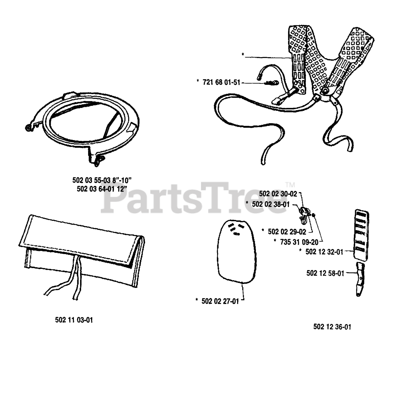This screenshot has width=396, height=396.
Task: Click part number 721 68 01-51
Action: tap(221, 83)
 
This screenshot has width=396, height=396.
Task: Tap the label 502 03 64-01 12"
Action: tap(102, 189)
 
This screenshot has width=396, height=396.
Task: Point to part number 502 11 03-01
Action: tap(74, 320)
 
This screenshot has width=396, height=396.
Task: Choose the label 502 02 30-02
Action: tap(278, 194)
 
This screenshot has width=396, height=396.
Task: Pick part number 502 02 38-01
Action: tap(271, 204)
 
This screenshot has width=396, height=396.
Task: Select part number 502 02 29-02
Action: tap(287, 231)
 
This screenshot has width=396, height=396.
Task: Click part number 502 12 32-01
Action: tap(324, 252)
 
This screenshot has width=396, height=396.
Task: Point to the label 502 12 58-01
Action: tap(325, 273)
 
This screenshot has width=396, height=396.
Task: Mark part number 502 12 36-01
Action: tap(332, 327)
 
